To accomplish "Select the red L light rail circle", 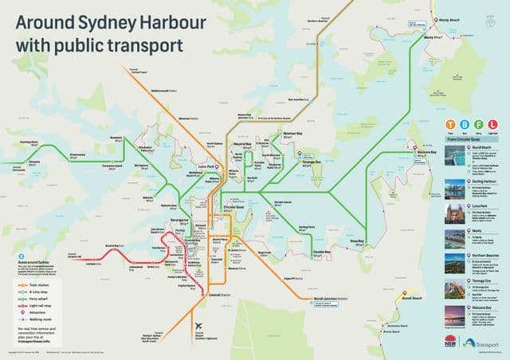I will [493, 125].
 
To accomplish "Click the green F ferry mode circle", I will [480, 125].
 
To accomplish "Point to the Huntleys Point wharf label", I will [29, 144].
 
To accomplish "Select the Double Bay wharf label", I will [321, 252].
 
